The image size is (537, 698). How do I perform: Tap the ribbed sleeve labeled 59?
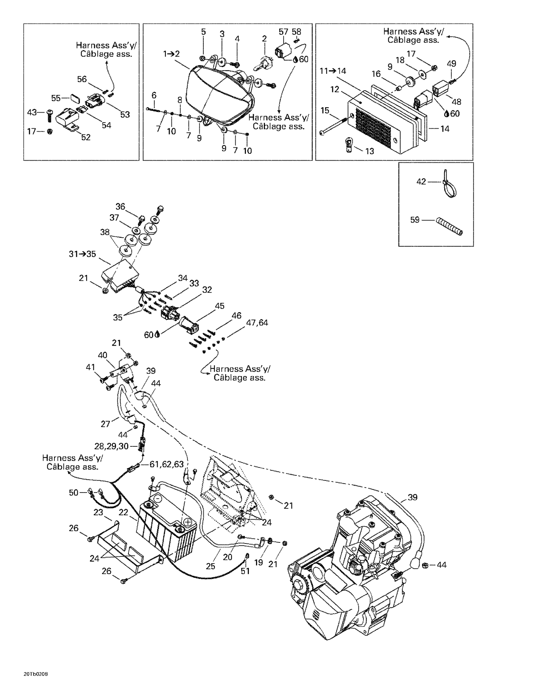pos(449,227)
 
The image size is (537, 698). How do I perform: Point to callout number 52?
pos(86,137)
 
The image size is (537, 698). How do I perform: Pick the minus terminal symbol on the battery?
pos(158,499)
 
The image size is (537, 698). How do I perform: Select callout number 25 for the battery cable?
pos(211,566)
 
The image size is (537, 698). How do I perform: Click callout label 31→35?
pos(82,254)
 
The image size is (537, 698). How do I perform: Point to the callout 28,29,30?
pos(111,446)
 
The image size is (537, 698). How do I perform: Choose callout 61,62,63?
pos(166,464)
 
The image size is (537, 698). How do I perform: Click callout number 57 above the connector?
pos(283,32)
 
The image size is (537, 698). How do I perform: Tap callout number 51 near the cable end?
pos(245,571)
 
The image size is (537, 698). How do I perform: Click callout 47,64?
pos(257,323)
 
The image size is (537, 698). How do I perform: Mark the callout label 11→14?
pos(333,71)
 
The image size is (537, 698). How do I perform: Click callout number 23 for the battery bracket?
pos(98,512)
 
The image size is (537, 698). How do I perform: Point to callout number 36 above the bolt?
pos(120,206)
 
